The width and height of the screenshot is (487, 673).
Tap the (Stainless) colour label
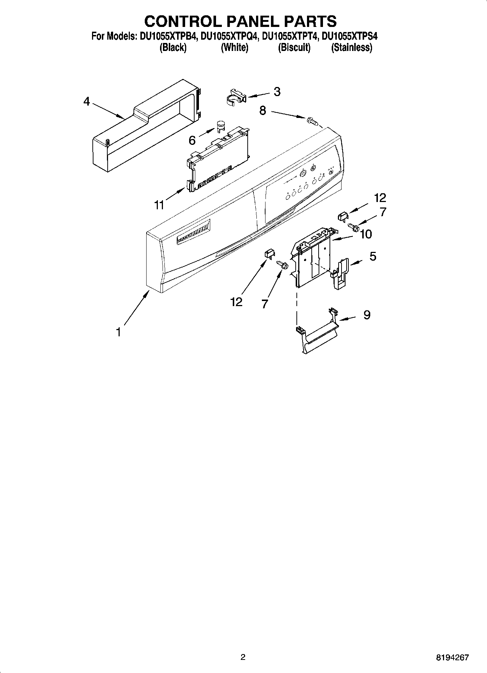coord(351,48)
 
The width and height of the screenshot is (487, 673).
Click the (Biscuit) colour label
coord(294,48)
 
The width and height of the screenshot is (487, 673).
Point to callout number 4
coord(86,101)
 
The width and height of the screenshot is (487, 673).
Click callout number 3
coord(277,92)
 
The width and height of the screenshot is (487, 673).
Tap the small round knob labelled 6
coord(220,127)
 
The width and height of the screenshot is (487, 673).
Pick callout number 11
coord(159,205)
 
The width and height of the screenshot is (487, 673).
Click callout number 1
coord(118,332)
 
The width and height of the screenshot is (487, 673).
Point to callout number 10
coord(366,234)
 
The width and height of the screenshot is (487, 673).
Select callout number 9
coord(367,314)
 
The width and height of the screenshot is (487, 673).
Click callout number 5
coord(373,257)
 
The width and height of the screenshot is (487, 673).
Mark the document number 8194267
coord(452,657)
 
